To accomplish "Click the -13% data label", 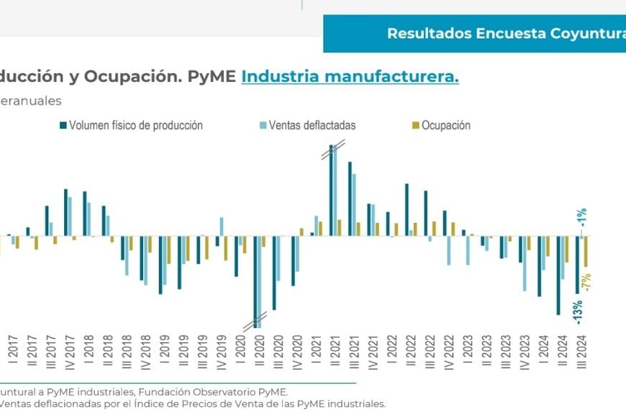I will click(579, 312).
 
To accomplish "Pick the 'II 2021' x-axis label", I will click(335, 353).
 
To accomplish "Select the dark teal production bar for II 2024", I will click(558, 275).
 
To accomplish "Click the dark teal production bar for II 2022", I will click(407, 210).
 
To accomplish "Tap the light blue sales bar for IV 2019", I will click(222, 226).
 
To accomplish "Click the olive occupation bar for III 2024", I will click(586, 252).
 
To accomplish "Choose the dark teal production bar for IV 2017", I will click(65, 213).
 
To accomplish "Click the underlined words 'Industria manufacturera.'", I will click(350, 76).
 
